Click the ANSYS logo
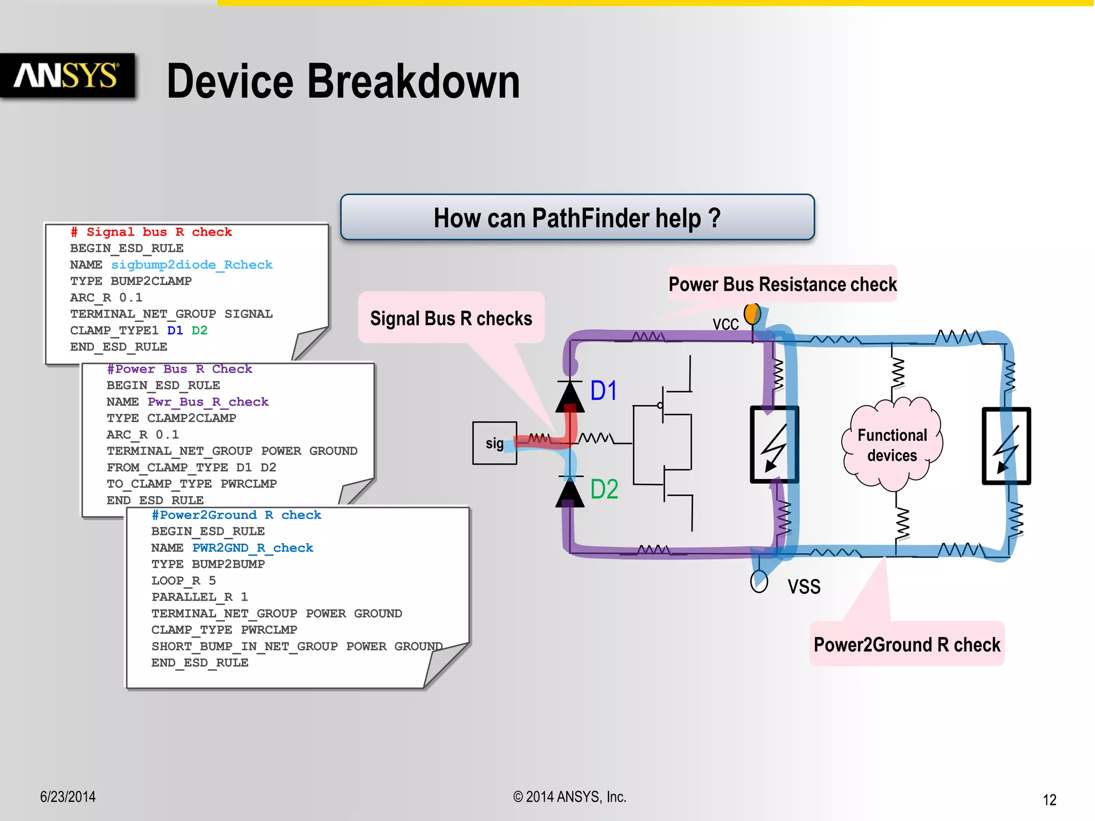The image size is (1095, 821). (66, 75)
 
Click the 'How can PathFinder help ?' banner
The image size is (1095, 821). (577, 218)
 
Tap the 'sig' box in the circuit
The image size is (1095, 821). (494, 443)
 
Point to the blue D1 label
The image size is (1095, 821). (604, 391)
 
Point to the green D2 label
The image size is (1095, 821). (604, 489)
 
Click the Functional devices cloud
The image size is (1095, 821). (892, 445)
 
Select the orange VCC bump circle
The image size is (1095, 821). (752, 314)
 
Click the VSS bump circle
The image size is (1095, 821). (759, 582)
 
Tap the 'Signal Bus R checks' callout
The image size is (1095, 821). (451, 319)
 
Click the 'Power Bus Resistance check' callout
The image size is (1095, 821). (782, 284)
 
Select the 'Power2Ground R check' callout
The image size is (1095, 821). (907, 645)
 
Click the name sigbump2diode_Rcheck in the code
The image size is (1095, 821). (191, 265)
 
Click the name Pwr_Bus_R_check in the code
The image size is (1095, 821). (208, 402)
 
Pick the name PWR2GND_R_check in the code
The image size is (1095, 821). (252, 548)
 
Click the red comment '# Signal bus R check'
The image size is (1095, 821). (151, 232)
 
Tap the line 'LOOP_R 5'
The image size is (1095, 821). (183, 580)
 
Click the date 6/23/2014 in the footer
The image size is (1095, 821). (68, 797)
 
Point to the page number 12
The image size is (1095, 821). (1049, 800)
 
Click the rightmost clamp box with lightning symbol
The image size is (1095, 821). (1006, 446)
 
